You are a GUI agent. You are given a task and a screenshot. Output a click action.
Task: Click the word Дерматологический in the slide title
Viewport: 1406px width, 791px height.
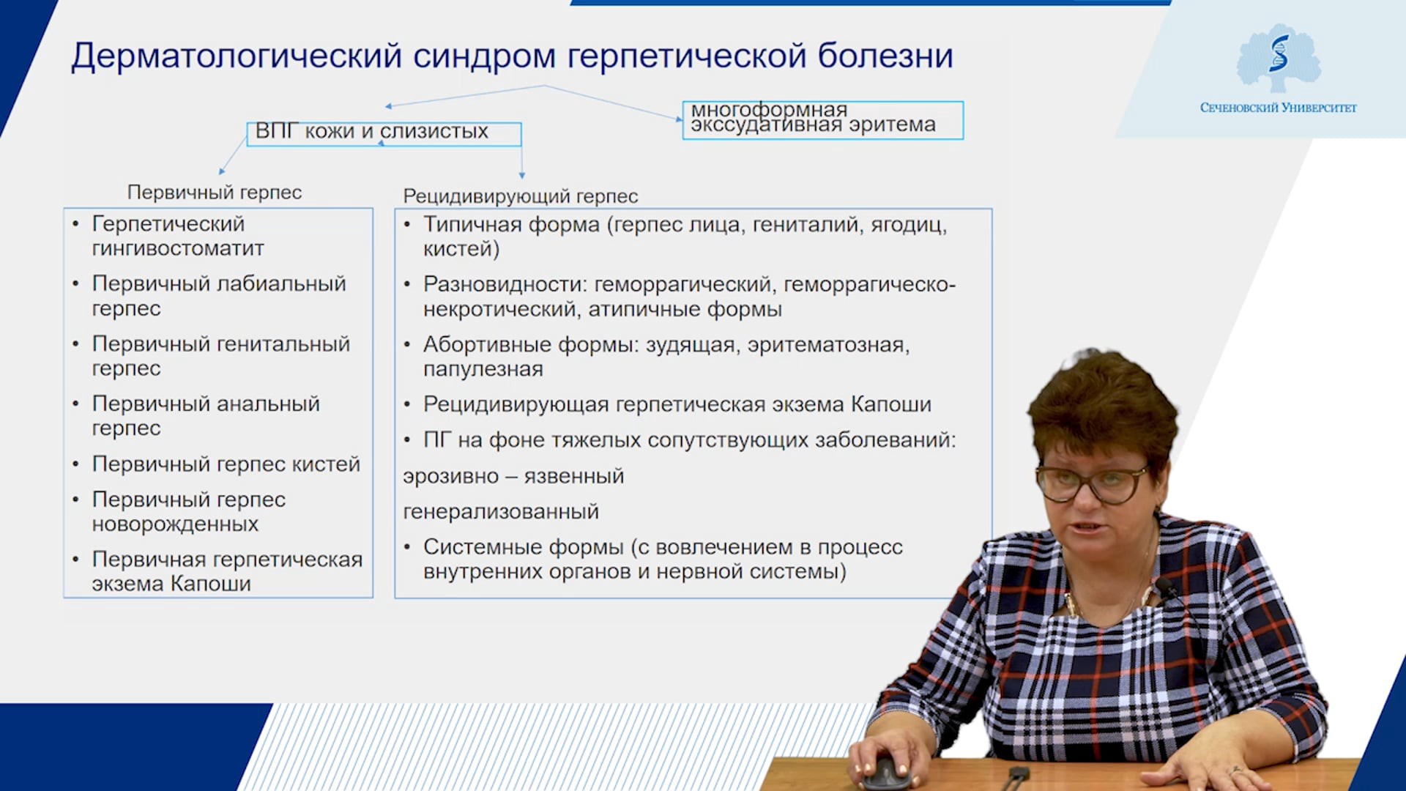[237, 56]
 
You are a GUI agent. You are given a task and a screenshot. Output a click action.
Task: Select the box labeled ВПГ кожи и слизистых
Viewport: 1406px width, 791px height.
[384, 133]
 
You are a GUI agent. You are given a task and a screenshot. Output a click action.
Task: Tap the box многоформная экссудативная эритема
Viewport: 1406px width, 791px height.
[823, 120]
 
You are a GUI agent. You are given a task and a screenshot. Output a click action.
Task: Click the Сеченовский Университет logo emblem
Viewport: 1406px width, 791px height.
[1279, 58]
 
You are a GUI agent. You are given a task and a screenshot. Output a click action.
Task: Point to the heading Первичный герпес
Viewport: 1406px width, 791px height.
[215, 193]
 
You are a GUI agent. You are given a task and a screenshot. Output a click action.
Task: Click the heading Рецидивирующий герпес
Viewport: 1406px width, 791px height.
[521, 196]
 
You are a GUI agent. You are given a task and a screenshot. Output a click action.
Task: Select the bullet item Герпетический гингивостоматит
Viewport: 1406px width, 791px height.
[178, 236]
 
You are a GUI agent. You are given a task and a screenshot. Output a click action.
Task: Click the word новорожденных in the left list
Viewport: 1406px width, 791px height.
[175, 524]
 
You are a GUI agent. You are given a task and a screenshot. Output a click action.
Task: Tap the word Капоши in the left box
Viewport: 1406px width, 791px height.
[211, 584]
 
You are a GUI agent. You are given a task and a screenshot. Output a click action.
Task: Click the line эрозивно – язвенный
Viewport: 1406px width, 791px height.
[513, 477]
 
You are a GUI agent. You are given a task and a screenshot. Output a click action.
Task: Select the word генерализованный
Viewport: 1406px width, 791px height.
[501, 512]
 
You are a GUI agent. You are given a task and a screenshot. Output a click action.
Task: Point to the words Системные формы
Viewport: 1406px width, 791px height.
[524, 547]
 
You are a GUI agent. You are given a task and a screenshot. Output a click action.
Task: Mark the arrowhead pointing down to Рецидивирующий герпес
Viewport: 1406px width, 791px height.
[522, 175]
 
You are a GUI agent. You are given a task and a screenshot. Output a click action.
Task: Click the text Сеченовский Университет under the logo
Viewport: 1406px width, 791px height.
[1279, 108]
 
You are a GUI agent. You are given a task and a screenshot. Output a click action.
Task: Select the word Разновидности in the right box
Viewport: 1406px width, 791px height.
[505, 284]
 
